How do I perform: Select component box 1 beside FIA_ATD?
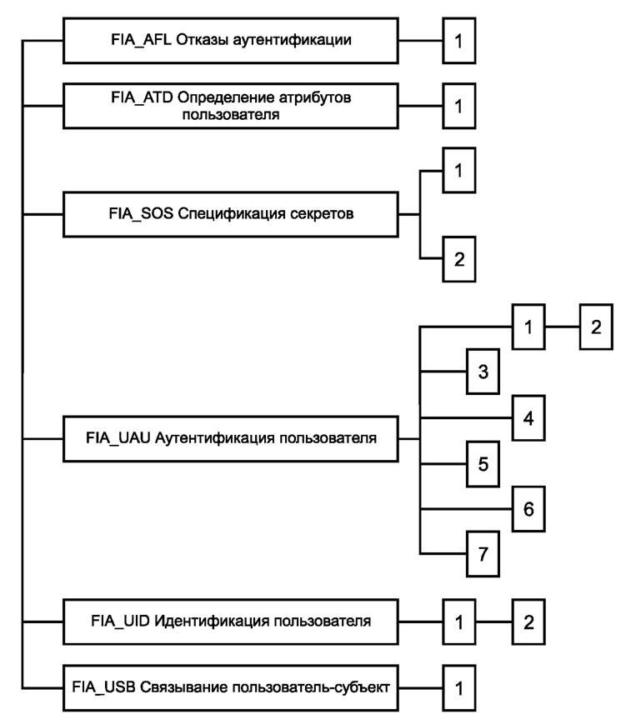[x=458, y=106]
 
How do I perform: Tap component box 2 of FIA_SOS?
[x=458, y=258]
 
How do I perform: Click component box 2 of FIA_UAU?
[x=593, y=327]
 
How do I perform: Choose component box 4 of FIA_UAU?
[x=527, y=417]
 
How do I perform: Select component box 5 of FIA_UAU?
[x=482, y=462]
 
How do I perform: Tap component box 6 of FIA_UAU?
[x=527, y=507]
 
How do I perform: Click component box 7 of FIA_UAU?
[x=482, y=554]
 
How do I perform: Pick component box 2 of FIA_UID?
[x=527, y=622]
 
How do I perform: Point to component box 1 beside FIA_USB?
[x=458, y=687]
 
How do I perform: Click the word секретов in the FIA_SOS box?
[x=325, y=214]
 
